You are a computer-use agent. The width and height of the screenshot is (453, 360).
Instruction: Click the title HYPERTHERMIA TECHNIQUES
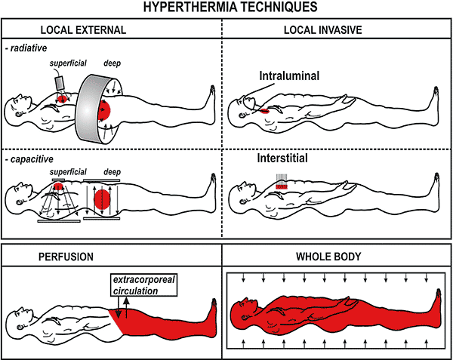pyautogui.click(x=226, y=8)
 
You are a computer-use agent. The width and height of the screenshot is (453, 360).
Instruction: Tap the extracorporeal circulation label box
pyautogui.click(x=137, y=285)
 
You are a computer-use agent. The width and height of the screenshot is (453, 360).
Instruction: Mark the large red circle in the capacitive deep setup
pyautogui.click(x=101, y=199)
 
